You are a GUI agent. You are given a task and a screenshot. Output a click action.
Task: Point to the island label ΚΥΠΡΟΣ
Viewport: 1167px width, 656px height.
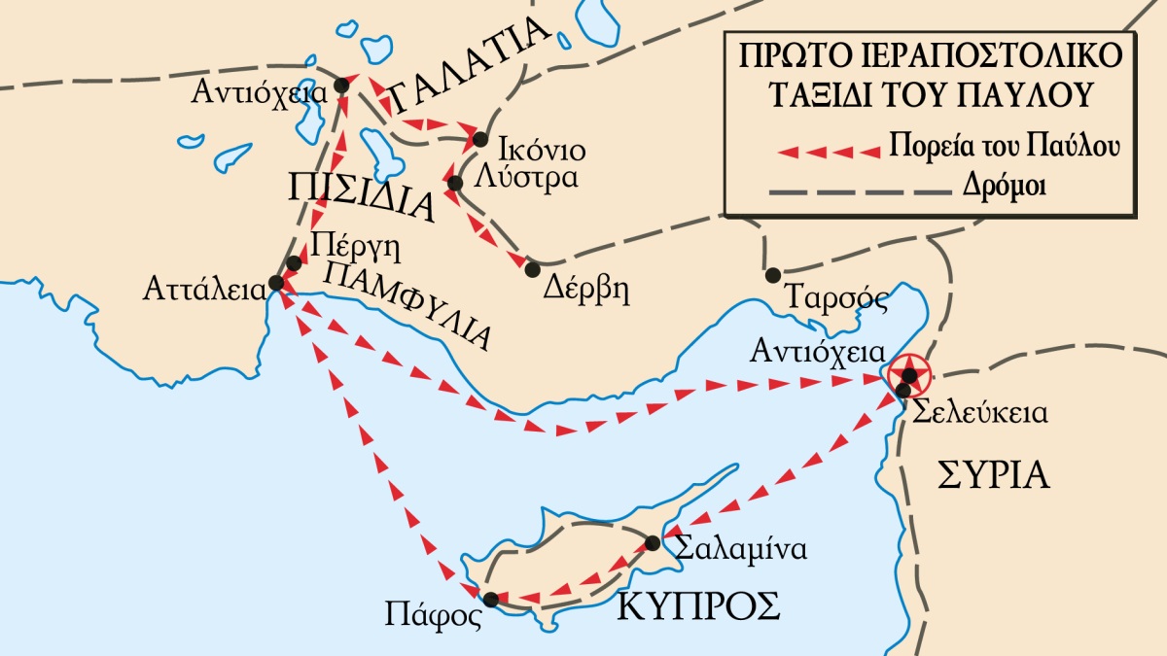(x=698, y=606)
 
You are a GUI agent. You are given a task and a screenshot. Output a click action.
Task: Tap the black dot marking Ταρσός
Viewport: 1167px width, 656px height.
(x=773, y=275)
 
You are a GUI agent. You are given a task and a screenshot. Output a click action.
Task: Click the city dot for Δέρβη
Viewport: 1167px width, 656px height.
(x=532, y=267)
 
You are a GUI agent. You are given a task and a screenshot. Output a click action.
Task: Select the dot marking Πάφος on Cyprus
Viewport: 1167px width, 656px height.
(x=491, y=600)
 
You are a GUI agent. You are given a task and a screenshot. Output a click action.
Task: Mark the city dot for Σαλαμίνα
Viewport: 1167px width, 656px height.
(x=653, y=542)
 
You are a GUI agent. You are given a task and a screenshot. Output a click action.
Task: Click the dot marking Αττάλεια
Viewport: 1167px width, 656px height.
(x=275, y=283)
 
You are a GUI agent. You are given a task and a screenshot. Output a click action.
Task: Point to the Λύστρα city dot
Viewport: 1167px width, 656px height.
(x=454, y=182)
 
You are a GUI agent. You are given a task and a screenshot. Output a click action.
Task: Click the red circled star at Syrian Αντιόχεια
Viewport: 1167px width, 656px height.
(x=908, y=374)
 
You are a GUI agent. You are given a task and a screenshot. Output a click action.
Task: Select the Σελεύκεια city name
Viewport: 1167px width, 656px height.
(x=978, y=412)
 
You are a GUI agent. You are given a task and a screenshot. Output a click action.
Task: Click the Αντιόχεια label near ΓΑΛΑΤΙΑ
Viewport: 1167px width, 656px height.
(x=258, y=93)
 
